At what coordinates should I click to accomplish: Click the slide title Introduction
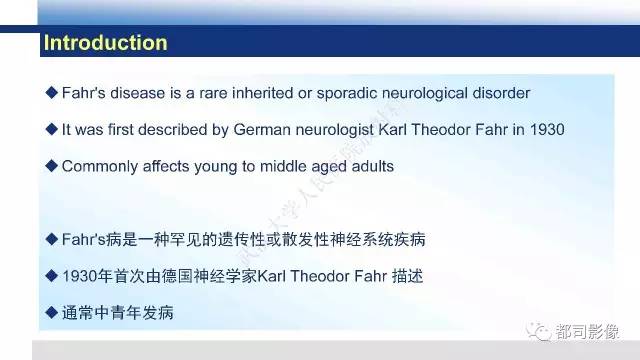(x=104, y=43)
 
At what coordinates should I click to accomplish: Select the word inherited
(x=274, y=93)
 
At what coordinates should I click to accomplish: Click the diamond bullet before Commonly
(x=51, y=166)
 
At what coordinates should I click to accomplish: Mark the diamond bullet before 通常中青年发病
(x=51, y=312)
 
